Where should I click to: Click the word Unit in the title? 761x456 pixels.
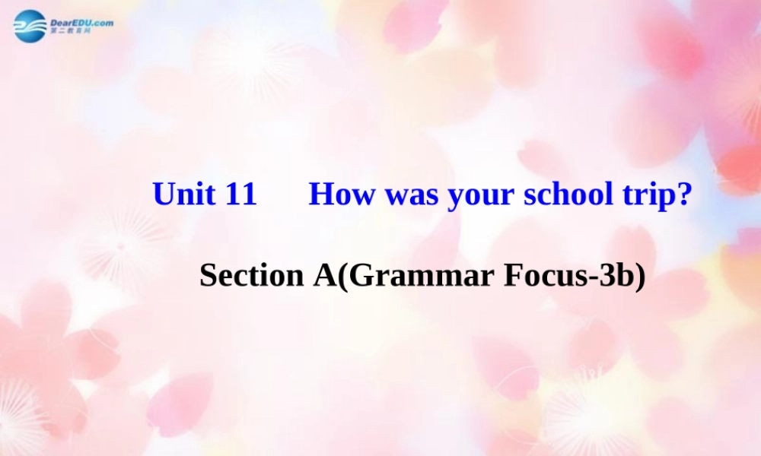pyautogui.click(x=185, y=195)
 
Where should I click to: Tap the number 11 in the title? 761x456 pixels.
pyautogui.click(x=241, y=195)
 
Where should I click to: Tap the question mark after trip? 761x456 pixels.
pyautogui.click(x=683, y=195)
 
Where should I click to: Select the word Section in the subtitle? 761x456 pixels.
pyautogui.click(x=251, y=276)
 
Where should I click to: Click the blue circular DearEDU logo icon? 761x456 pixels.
pyautogui.click(x=30, y=27)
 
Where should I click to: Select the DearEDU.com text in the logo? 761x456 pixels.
pyautogui.click(x=81, y=23)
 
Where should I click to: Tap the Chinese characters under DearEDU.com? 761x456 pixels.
pyautogui.click(x=71, y=31)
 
